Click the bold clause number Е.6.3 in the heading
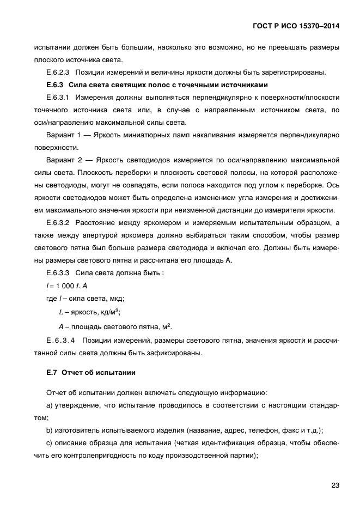[56, 85]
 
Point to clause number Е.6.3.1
[59, 98]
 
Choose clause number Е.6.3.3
[59, 273]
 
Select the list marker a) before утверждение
[50, 405]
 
